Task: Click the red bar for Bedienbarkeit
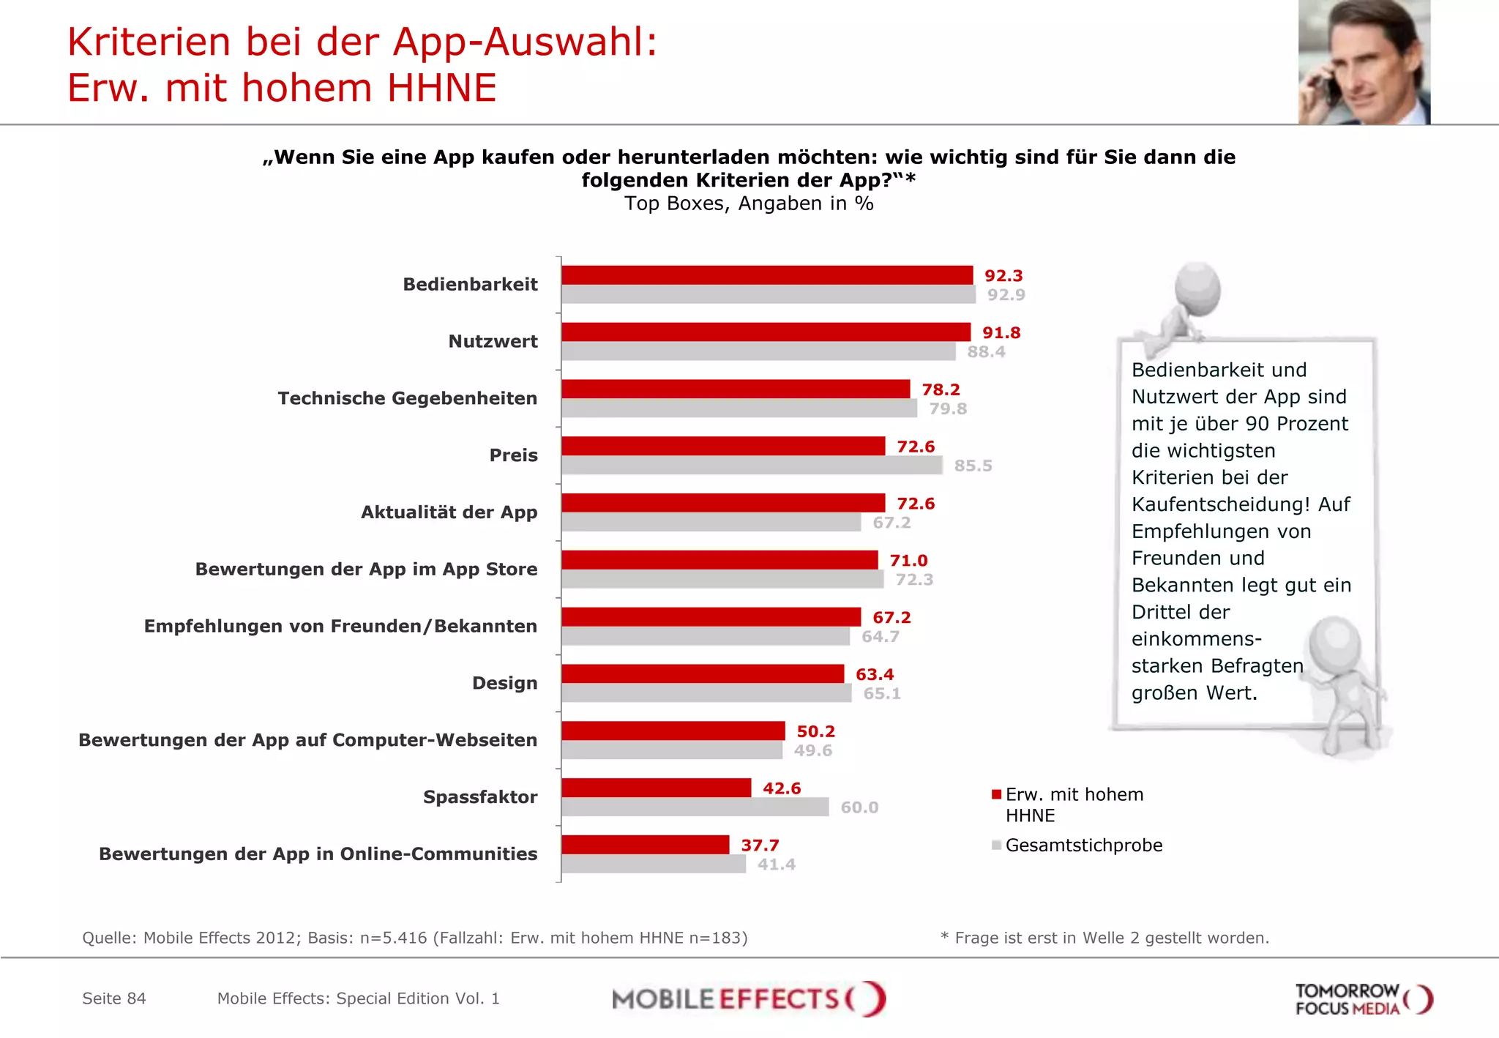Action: click(767, 275)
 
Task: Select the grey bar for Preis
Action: click(752, 466)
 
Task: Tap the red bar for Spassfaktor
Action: click(657, 788)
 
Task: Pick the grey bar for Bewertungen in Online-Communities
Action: click(654, 865)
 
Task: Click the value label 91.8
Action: click(1001, 333)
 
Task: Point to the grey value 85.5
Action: click(973, 466)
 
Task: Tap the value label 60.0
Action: click(859, 807)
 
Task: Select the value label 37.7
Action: click(760, 845)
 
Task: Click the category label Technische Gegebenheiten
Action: click(407, 398)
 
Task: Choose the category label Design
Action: click(504, 683)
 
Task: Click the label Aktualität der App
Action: click(449, 512)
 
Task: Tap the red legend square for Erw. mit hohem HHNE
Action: click(996, 795)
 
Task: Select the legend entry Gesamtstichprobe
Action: click(1083, 845)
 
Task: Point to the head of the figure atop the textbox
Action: click(1197, 288)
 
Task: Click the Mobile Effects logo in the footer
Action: click(749, 999)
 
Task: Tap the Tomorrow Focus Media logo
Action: click(1363, 999)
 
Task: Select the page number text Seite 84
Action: click(114, 998)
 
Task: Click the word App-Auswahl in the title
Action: click(525, 42)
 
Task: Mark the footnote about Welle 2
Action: click(1104, 938)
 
